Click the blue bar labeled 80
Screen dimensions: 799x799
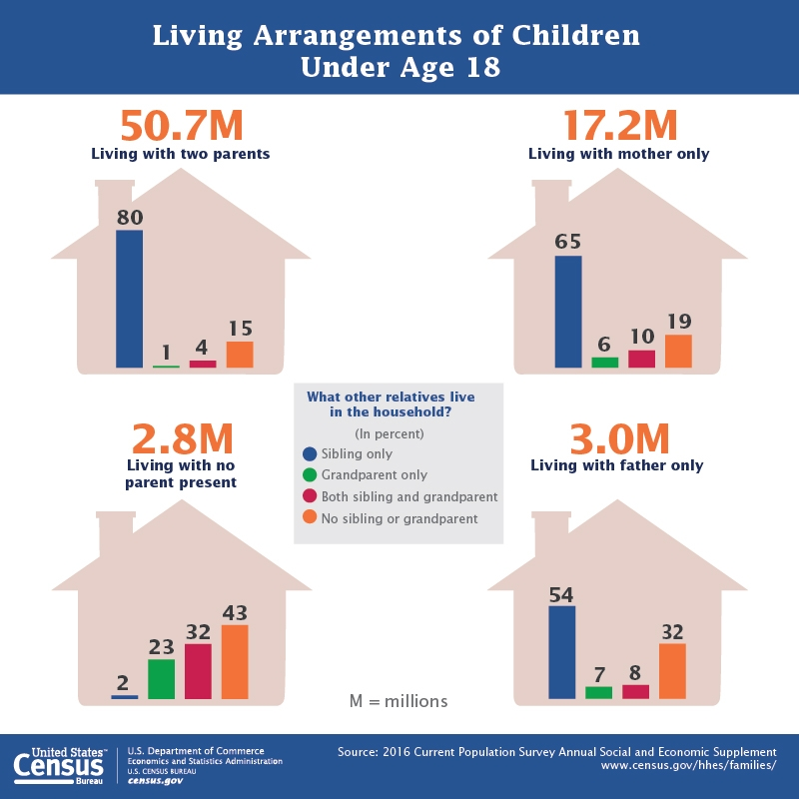(129, 299)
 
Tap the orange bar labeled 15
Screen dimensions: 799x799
(240, 355)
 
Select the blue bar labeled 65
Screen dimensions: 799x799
(568, 312)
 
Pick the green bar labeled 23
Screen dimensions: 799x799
(161, 679)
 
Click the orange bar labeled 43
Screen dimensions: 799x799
(235, 662)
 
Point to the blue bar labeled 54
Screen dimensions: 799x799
(562, 652)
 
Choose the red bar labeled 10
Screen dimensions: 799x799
(641, 359)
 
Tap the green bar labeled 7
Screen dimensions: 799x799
(599, 692)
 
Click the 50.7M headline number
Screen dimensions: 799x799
(181, 126)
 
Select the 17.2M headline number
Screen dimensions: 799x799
(619, 126)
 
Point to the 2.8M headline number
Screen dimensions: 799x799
(182, 439)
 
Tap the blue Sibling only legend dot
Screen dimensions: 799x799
(310, 453)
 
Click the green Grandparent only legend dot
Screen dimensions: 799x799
(310, 475)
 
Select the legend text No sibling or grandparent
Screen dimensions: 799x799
(399, 518)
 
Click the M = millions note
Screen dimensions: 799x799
(399, 701)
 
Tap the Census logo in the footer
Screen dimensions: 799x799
(59, 765)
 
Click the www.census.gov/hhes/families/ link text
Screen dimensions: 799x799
(688, 765)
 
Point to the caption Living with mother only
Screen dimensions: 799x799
(618, 154)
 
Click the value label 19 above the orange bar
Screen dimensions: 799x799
(678, 322)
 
